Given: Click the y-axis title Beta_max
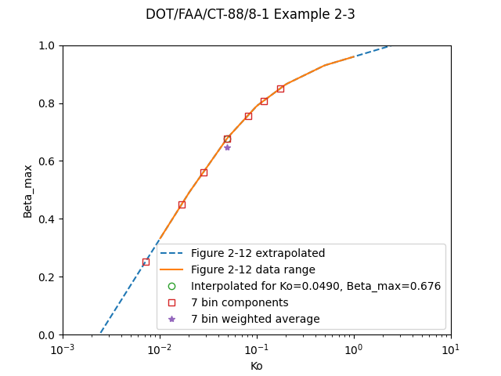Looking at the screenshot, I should click(28, 190).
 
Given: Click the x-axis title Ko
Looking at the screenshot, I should click(256, 366).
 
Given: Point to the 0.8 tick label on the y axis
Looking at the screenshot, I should click(48, 103).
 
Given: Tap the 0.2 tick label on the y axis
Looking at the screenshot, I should click(48, 277).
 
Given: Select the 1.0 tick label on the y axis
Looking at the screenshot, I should click(48, 45).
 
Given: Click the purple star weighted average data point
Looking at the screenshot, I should click(227, 147).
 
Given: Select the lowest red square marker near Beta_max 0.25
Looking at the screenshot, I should click(146, 262).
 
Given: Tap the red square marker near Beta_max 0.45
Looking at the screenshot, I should click(182, 204).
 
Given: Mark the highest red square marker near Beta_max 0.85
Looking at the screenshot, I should click(280, 89).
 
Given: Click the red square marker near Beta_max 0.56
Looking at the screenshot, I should click(204, 172).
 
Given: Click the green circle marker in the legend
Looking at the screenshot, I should click(172, 286).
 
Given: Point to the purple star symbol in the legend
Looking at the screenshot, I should click(172, 319).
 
